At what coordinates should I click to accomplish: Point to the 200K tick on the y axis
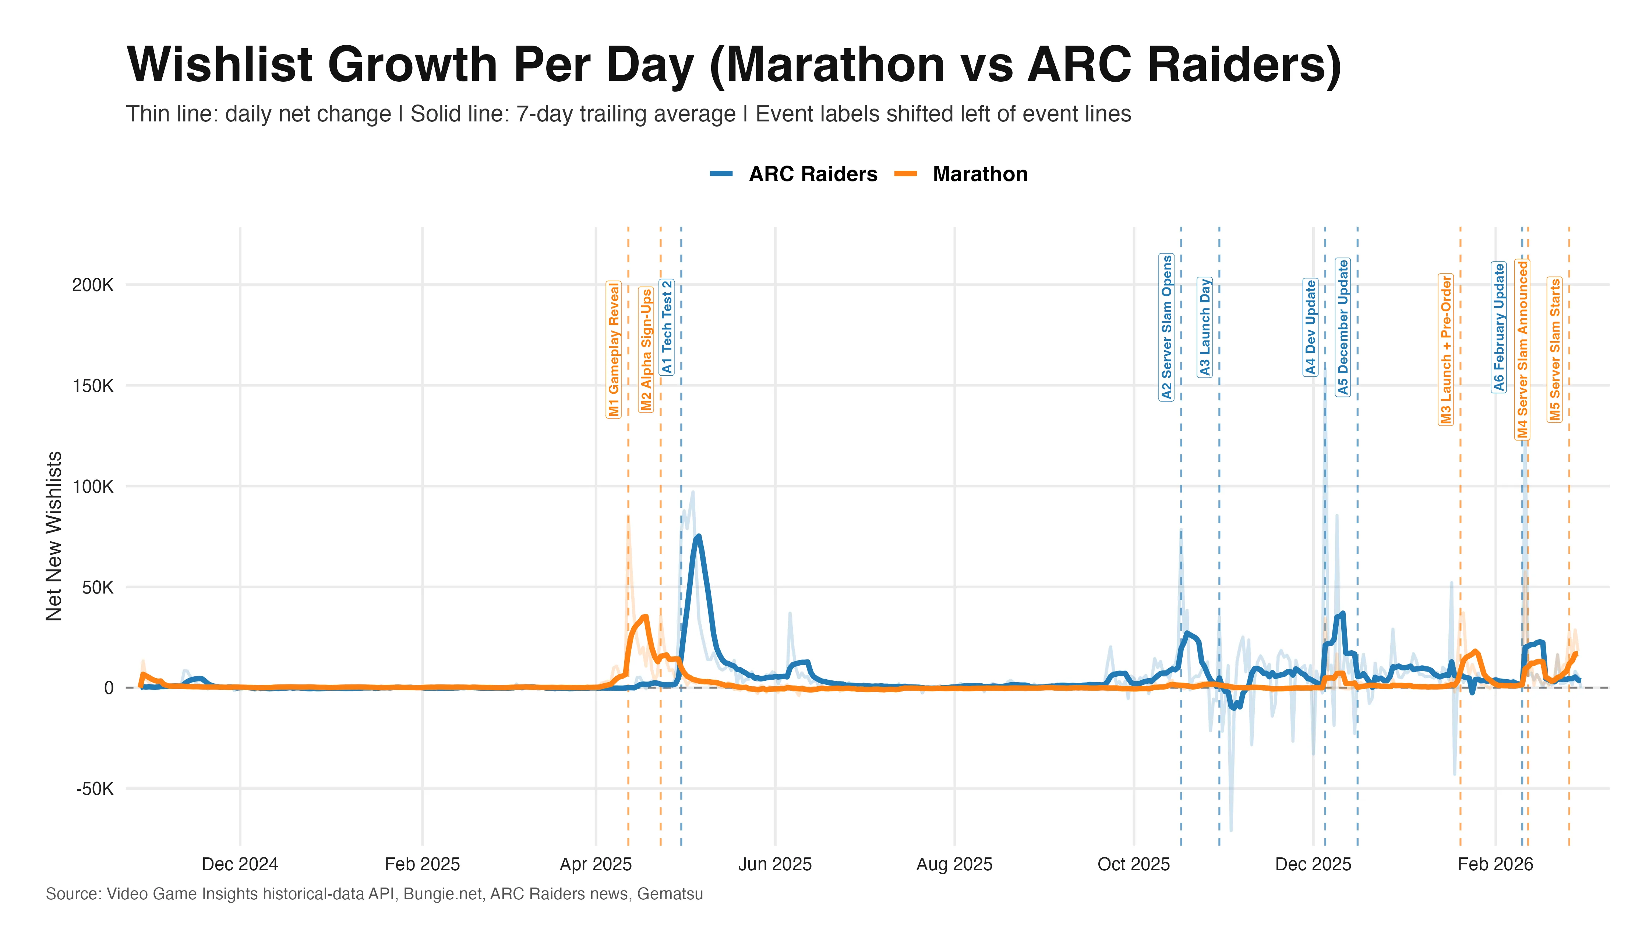click(92, 285)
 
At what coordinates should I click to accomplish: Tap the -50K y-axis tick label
click(95, 789)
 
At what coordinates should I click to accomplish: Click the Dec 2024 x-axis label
click(240, 864)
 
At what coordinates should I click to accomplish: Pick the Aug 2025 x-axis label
click(954, 864)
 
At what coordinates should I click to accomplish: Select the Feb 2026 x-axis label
click(1495, 864)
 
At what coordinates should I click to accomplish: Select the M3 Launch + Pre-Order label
click(1446, 349)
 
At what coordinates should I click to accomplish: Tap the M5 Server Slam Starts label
click(1554, 349)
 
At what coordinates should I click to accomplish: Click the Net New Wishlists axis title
click(54, 536)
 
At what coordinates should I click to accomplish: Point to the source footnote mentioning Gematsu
click(374, 894)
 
